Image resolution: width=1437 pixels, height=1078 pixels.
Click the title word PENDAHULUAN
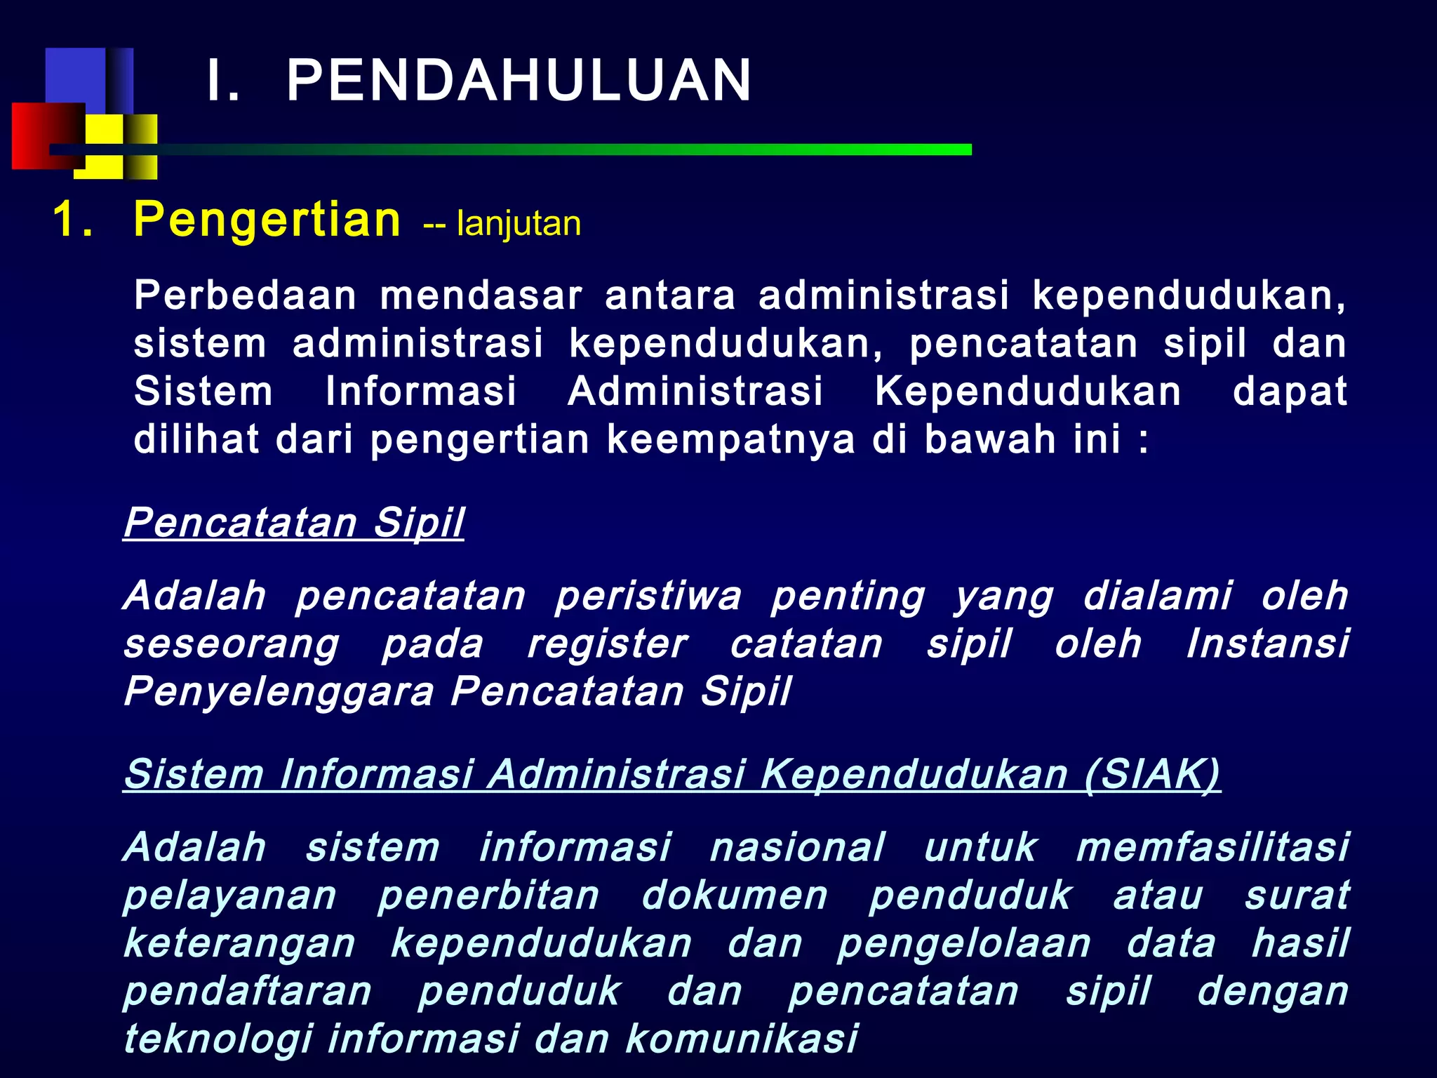coord(519,81)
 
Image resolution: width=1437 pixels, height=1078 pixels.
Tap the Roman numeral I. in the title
coord(223,81)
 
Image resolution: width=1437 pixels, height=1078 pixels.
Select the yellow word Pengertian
coord(267,220)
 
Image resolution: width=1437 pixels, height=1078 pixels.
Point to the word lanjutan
coord(519,225)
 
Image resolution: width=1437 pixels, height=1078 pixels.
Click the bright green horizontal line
coord(631,149)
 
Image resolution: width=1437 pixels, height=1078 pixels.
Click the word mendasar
coord(481,295)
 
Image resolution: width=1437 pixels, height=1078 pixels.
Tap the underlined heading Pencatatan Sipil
coord(294,523)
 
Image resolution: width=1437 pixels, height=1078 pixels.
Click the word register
coord(608,644)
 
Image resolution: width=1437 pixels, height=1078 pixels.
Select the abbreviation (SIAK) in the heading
coord(1151,775)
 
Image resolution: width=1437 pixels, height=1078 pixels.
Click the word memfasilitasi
coord(1212,847)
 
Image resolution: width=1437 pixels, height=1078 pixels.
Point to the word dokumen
coord(735,896)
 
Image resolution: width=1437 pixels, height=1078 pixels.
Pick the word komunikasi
coord(742,1039)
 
